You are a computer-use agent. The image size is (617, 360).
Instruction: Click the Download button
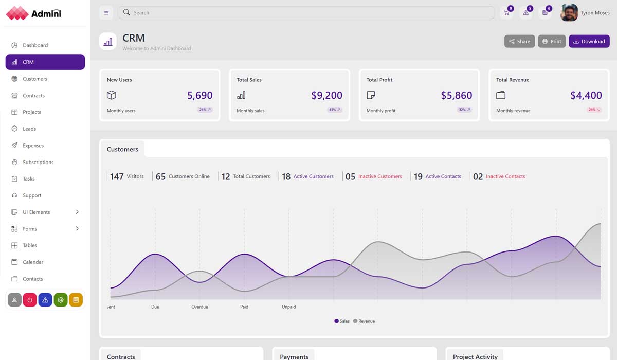tap(589, 41)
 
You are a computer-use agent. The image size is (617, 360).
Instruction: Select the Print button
tap(552, 41)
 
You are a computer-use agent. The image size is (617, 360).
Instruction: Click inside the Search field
tap(308, 12)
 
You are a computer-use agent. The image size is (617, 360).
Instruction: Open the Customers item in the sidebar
tap(35, 79)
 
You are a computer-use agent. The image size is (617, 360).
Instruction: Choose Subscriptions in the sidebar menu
tap(38, 162)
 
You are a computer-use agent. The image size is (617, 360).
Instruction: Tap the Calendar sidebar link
tap(33, 262)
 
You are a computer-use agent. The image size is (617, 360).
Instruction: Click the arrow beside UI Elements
tap(77, 212)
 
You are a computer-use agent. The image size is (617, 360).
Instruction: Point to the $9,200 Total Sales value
tap(326, 95)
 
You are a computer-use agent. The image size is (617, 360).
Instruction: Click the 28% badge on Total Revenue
tap(594, 110)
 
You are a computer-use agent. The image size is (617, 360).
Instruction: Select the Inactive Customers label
tap(380, 176)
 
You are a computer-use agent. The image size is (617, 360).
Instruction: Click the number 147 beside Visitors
tap(117, 176)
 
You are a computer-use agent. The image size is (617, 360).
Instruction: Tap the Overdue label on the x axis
tap(199, 307)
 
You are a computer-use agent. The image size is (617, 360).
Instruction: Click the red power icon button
tap(30, 300)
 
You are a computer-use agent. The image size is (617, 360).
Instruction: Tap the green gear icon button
tap(61, 300)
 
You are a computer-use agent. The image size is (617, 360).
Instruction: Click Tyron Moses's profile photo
tap(569, 13)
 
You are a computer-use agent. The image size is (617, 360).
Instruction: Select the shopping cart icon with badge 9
tap(506, 13)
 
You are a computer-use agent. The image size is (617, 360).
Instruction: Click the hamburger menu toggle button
tap(106, 13)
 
